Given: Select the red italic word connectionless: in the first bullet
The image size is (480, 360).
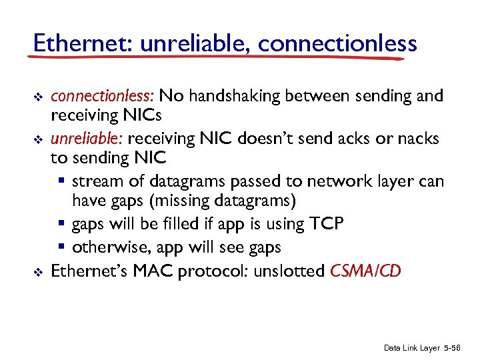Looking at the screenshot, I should click(103, 96).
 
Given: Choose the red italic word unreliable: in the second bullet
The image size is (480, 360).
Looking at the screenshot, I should click(87, 139).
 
